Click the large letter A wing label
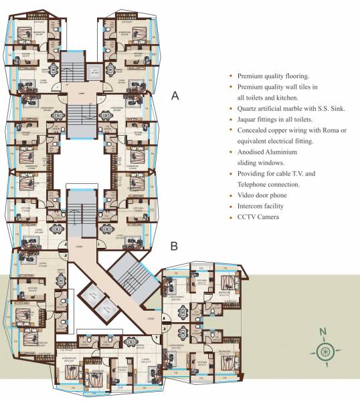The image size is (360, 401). pyautogui.click(x=175, y=96)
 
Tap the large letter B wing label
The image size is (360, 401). pyautogui.click(x=173, y=246)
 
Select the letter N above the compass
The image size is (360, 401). pyautogui.click(x=323, y=332)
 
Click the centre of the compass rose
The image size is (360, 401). pyautogui.click(x=323, y=352)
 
